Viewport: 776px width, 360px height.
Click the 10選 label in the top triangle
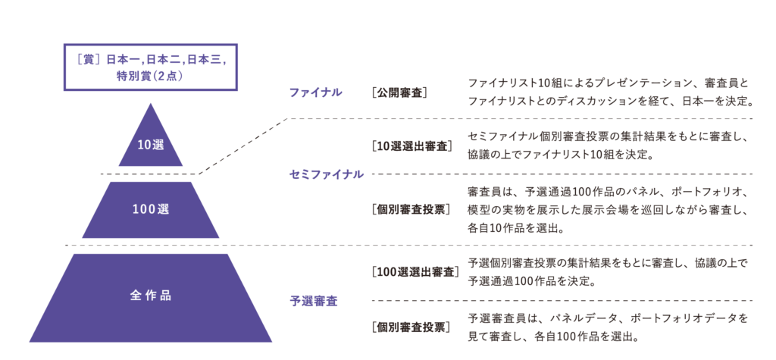(x=151, y=146)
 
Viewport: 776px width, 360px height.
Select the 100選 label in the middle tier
(x=151, y=209)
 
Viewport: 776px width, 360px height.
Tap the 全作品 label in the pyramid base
(x=151, y=296)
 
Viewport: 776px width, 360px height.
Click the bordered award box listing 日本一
(x=151, y=67)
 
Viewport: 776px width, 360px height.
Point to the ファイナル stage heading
(x=314, y=92)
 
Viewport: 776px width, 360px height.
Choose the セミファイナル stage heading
(x=326, y=174)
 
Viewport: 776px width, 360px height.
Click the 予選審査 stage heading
(x=313, y=301)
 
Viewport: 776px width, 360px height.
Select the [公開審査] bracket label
(x=399, y=92)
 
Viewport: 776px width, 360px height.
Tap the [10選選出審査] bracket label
(x=411, y=146)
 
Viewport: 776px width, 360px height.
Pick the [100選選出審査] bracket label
(x=415, y=272)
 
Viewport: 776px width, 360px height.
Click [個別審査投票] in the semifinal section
(x=411, y=209)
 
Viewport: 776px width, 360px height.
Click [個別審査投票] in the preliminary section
(x=411, y=327)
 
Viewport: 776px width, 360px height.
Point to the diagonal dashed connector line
(x=243, y=146)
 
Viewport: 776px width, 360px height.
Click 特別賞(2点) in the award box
(x=151, y=77)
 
